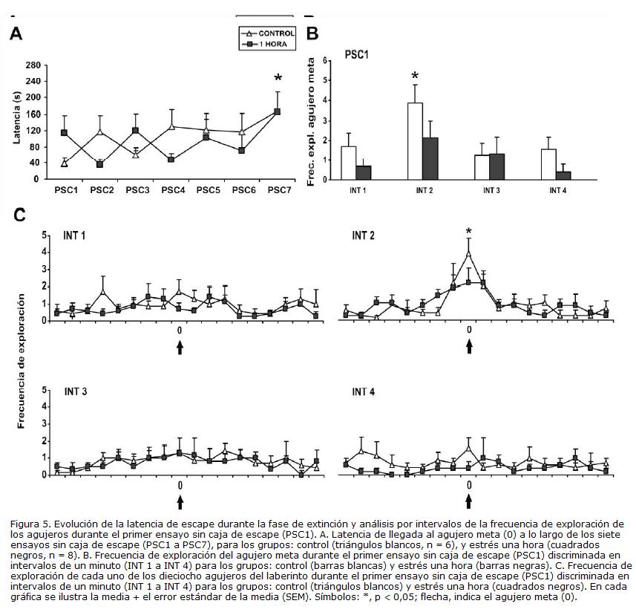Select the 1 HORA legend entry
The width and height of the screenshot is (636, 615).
272,45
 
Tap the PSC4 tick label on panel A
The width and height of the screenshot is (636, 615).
172,190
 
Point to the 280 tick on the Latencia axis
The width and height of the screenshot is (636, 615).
33,65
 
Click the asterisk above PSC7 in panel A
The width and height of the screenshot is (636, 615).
278,79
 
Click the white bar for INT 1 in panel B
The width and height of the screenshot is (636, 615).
348,163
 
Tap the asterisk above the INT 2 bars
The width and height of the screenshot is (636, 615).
416,77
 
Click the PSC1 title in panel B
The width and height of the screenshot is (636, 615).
358,54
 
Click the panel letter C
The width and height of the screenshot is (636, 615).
19,215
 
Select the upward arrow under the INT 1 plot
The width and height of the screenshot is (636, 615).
180,347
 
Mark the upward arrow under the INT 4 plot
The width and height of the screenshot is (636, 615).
468,502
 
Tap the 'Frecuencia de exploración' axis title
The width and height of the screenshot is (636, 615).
23,362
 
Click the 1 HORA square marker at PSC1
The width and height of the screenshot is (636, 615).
65,132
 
